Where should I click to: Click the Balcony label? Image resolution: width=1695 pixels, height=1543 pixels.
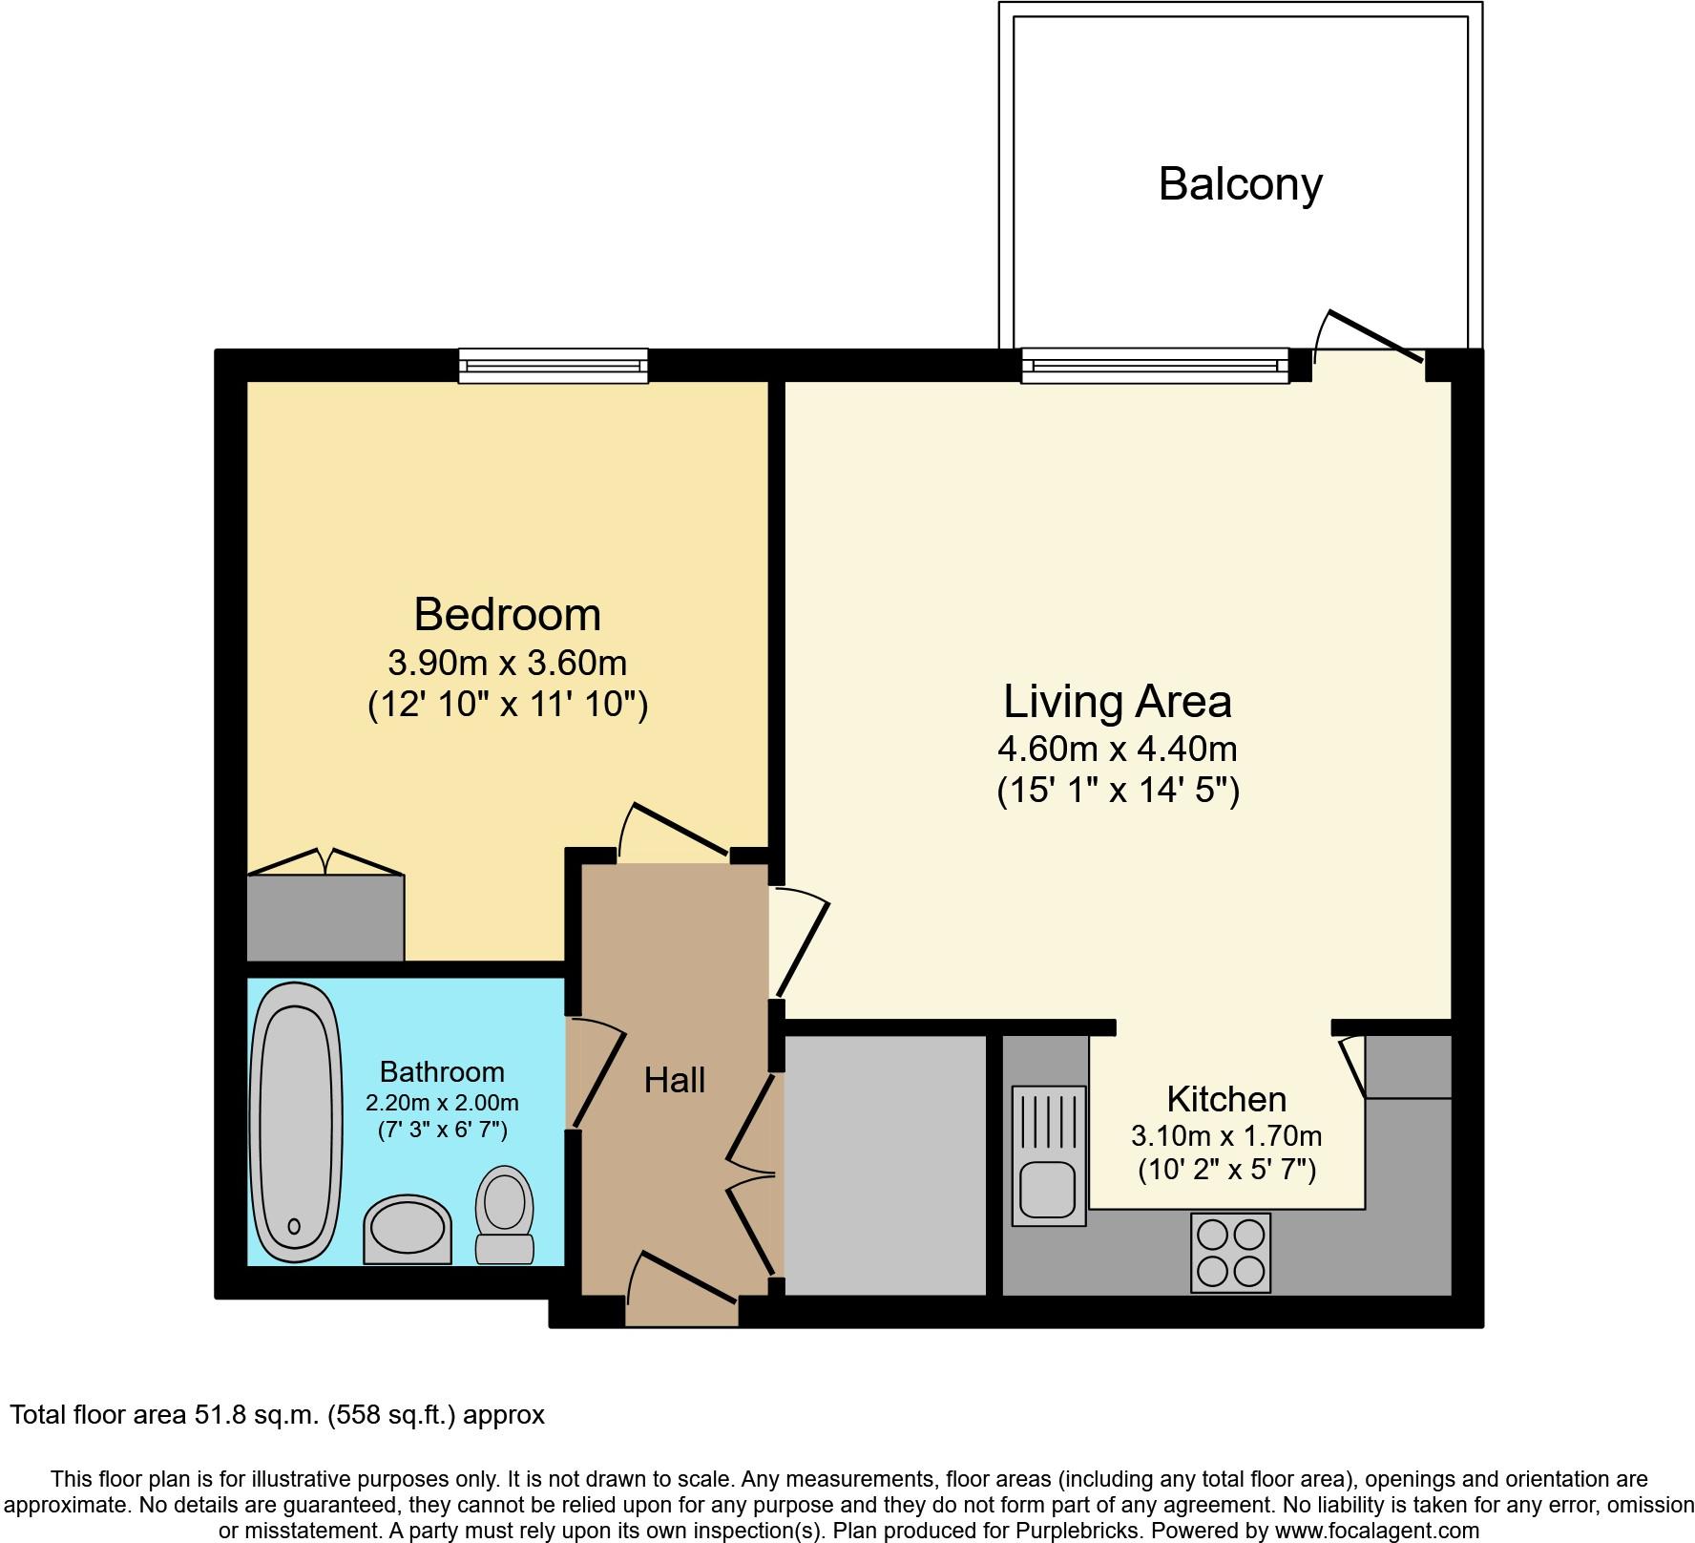point(1240,184)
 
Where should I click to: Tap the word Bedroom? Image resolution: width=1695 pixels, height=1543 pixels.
point(507,614)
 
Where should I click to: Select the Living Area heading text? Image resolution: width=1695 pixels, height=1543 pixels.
point(1117,702)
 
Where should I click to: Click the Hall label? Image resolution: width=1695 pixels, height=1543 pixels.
point(674,1080)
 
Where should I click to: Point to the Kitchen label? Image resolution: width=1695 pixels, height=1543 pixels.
point(1226,1099)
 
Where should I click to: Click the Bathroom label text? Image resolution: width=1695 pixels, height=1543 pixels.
point(442,1072)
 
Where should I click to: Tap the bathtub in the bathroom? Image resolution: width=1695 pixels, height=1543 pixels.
point(296,1123)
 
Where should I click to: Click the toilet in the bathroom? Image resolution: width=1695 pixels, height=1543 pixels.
point(505,1214)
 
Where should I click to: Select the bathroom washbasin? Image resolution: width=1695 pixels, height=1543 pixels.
point(407,1229)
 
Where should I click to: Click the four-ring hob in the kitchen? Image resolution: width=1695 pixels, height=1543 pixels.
point(1230,1253)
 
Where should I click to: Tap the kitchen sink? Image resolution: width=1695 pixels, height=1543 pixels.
point(1049,1155)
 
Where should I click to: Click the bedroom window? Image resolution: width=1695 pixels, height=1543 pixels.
point(554,366)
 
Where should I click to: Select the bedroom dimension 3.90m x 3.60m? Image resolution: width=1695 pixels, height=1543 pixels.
point(507,662)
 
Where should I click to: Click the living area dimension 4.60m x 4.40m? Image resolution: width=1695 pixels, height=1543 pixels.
point(1117,749)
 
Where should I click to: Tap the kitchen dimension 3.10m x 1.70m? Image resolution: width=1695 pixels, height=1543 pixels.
point(1226,1136)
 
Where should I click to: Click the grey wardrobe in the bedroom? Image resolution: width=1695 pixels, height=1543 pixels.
point(325,918)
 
